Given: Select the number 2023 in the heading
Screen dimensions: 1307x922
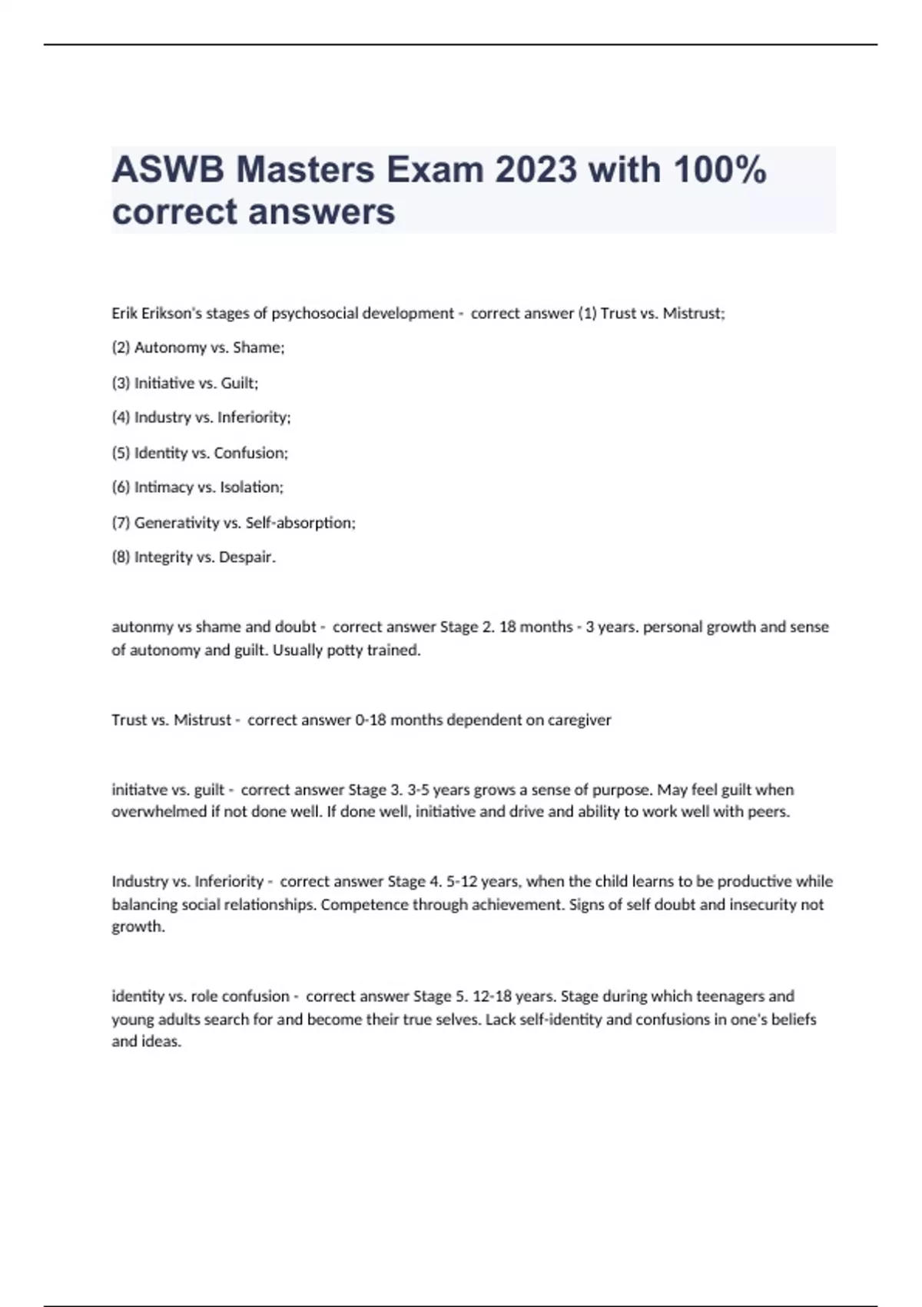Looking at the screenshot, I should click(x=536, y=170).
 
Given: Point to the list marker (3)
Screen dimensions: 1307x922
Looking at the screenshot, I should click(x=121, y=383).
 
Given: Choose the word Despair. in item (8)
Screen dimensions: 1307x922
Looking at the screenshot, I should click(x=247, y=557).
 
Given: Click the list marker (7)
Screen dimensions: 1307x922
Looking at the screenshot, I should click(x=121, y=523).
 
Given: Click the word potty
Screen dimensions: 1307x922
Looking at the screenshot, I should click(x=344, y=650).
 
